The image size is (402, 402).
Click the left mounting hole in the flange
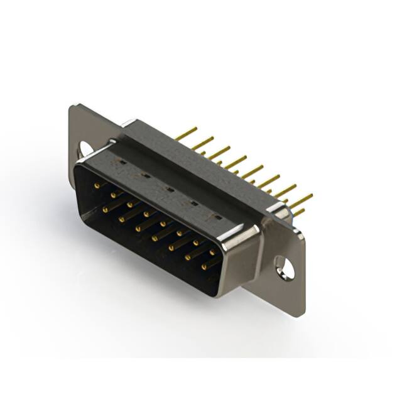click(x=85, y=149)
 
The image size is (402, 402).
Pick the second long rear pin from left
click(x=202, y=143)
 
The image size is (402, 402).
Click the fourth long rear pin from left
click(x=236, y=162)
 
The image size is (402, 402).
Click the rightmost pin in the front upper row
click(x=212, y=252)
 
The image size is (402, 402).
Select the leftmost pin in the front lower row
click(x=105, y=209)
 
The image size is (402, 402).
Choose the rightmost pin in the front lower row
click(x=204, y=267)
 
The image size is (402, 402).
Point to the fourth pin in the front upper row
click(x=146, y=214)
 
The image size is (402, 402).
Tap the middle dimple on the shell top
click(x=170, y=188)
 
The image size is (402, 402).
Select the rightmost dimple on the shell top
click(x=217, y=216)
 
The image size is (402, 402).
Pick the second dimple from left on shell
click(x=146, y=175)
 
